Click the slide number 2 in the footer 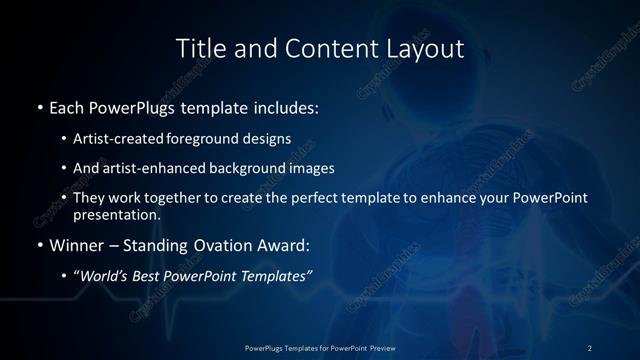[589, 347]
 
